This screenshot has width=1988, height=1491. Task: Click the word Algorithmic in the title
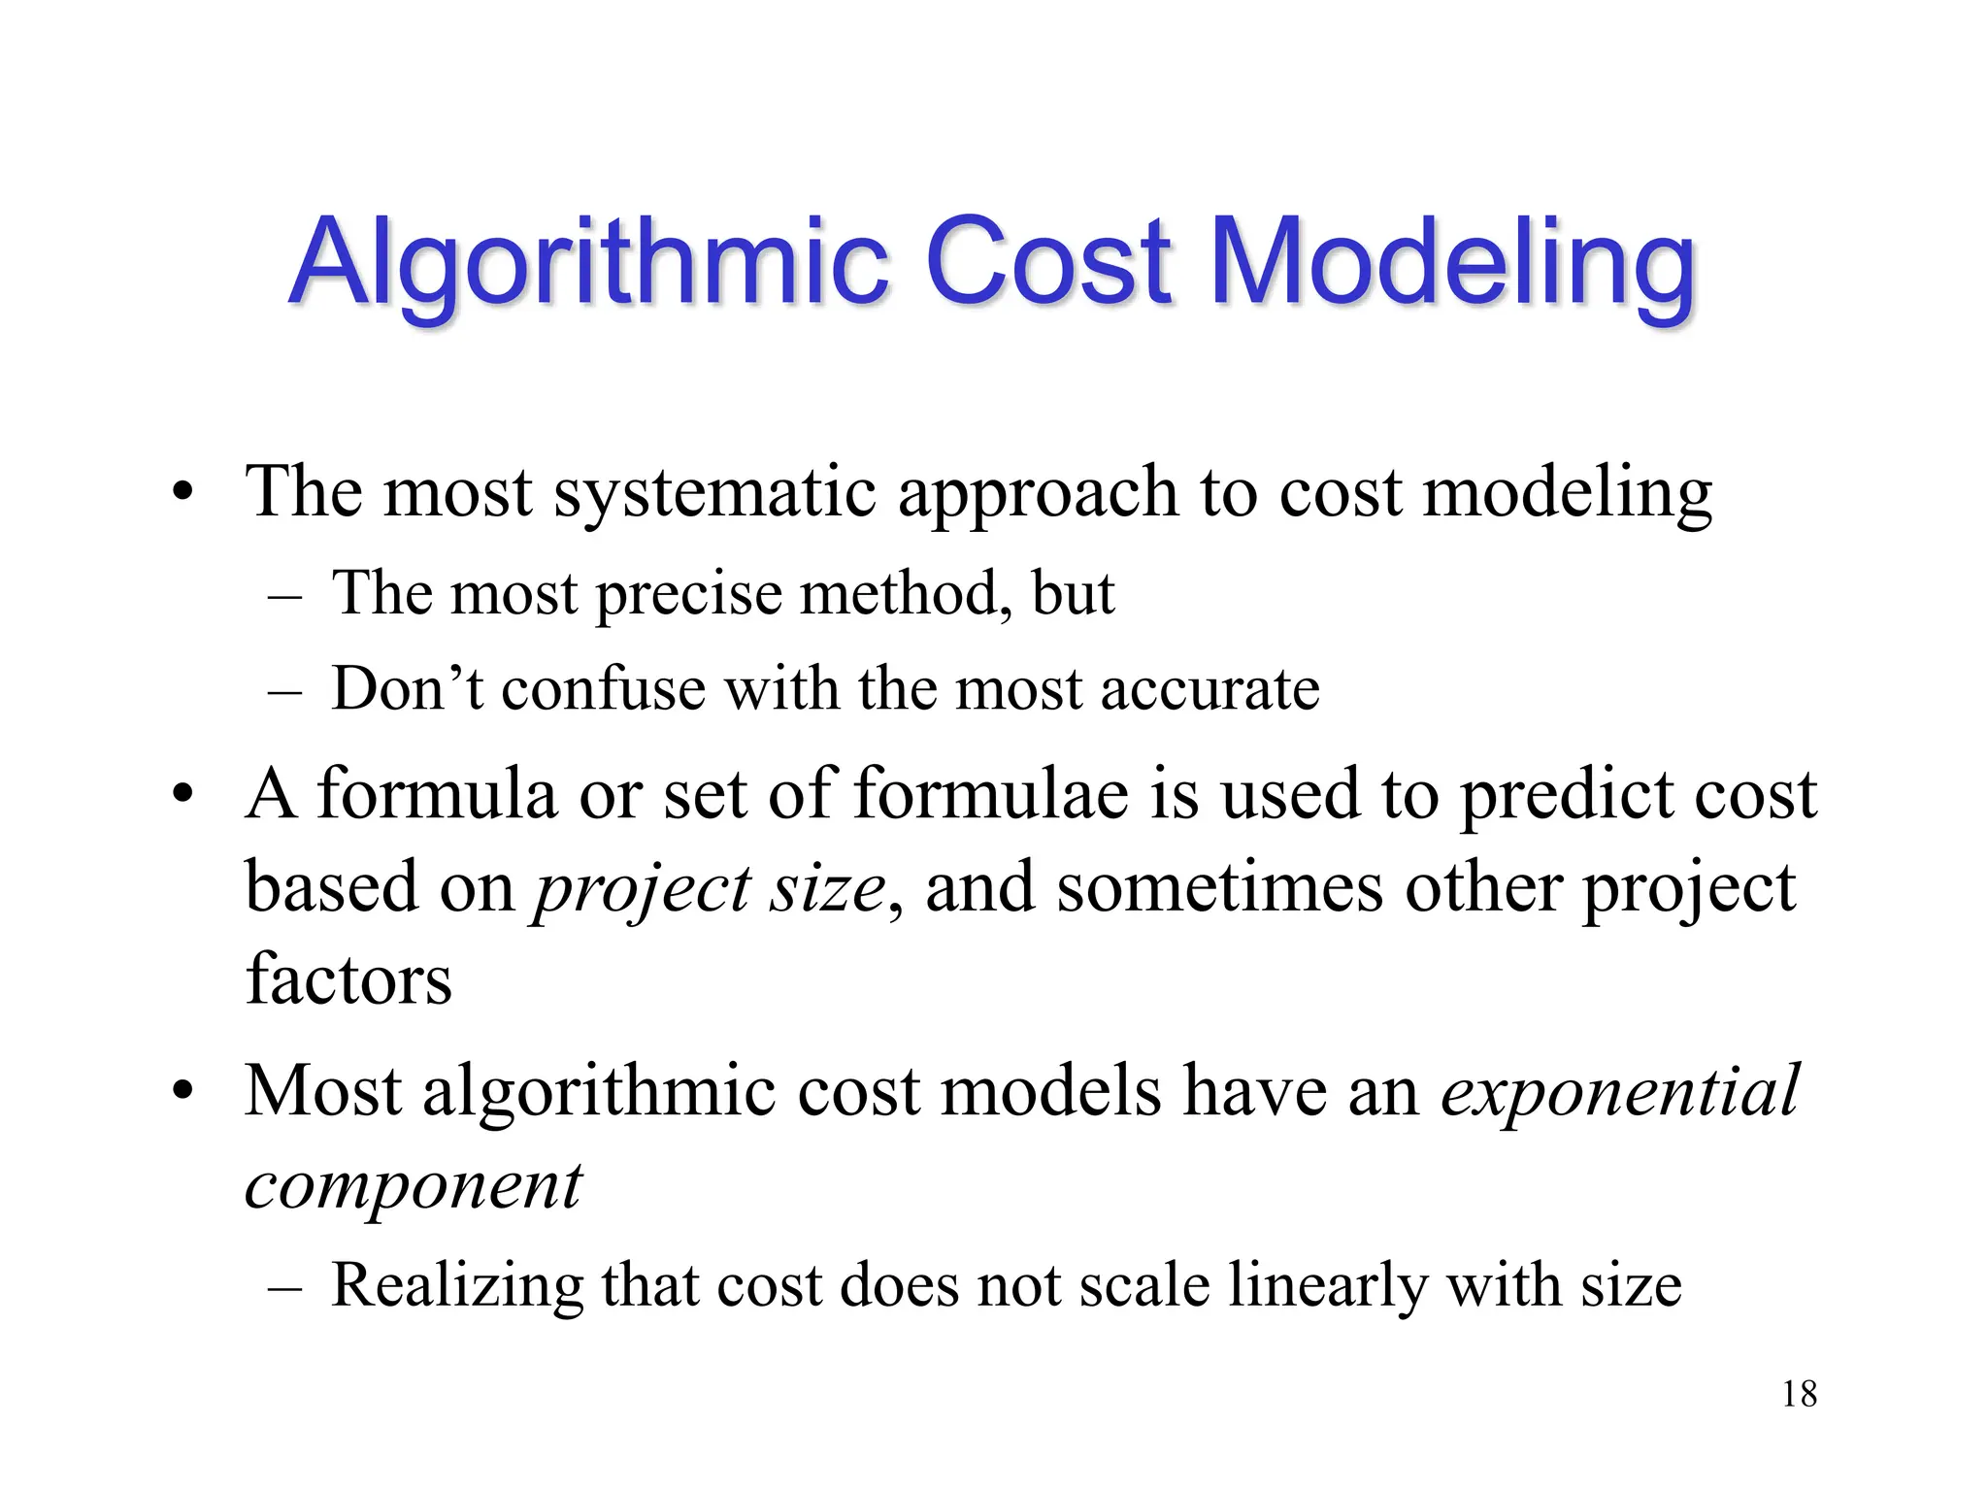(x=588, y=262)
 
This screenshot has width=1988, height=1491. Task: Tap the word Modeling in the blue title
(x=1452, y=262)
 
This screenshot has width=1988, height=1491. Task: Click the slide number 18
(x=1799, y=1394)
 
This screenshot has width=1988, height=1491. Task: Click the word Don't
(x=407, y=688)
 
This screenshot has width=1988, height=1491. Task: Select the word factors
(x=348, y=978)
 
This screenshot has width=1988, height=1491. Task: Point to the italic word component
(x=414, y=1186)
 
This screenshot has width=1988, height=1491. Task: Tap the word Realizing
(x=457, y=1286)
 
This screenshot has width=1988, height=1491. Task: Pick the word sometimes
(x=1219, y=887)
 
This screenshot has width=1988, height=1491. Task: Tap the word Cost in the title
(x=1048, y=262)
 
